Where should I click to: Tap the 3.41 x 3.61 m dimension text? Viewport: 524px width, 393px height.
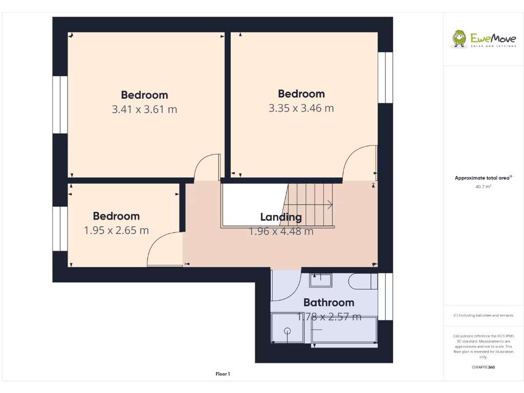(144, 109)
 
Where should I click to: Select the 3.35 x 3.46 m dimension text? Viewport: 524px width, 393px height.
(301, 108)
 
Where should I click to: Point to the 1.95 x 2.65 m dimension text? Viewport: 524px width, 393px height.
(116, 230)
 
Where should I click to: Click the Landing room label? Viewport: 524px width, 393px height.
(281, 217)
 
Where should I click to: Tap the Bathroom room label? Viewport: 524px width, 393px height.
(329, 302)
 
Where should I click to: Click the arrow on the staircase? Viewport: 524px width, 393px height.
(327, 205)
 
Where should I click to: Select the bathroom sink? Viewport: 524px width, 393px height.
(320, 279)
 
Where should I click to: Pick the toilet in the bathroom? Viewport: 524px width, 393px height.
(361, 280)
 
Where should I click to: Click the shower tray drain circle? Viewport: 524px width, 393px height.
(287, 331)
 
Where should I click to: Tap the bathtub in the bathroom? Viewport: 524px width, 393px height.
(344, 332)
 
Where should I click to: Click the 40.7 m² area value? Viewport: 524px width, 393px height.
(484, 187)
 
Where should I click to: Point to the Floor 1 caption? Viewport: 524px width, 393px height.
(223, 374)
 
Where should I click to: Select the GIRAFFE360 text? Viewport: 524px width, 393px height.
(484, 367)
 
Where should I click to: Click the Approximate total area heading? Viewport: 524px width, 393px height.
(483, 178)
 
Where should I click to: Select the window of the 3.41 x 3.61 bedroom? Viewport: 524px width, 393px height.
(60, 104)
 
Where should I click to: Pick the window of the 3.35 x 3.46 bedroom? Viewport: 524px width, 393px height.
(385, 77)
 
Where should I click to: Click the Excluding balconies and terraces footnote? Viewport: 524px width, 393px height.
(483, 315)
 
